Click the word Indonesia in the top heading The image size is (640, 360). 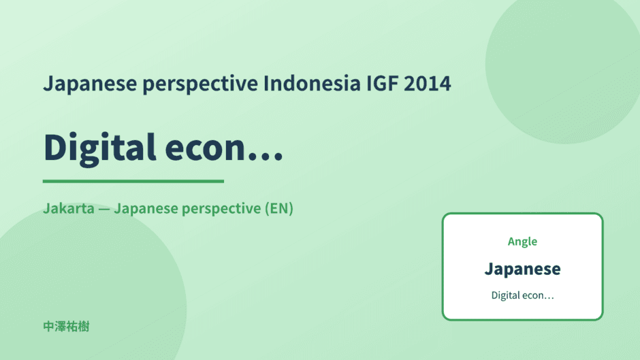pyautogui.click(x=312, y=83)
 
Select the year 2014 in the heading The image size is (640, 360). pyautogui.click(x=428, y=84)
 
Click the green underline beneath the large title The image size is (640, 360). pyautogui.click(x=133, y=181)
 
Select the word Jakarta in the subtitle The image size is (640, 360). pyautogui.click(x=69, y=208)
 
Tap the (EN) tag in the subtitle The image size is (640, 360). pyautogui.click(x=279, y=208)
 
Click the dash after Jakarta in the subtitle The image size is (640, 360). pyautogui.click(x=104, y=209)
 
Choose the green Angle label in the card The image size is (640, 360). pyautogui.click(x=522, y=242)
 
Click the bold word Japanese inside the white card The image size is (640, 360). pyautogui.click(x=522, y=269)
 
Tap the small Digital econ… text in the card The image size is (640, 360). pyautogui.click(x=522, y=295)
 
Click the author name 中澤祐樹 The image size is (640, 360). pyautogui.click(x=66, y=327)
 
